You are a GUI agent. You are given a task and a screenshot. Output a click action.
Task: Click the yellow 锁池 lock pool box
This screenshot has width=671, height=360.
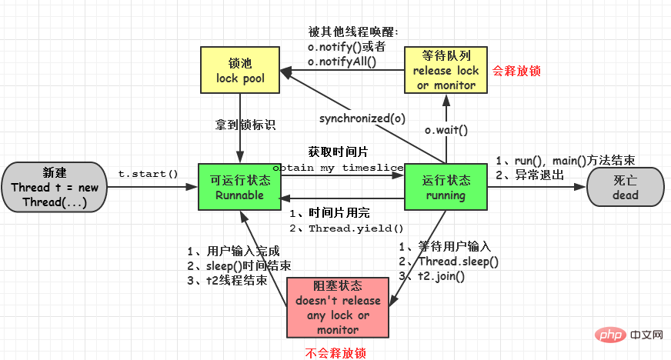(239, 70)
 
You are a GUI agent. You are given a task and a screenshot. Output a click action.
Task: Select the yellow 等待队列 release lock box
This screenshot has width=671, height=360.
(446, 70)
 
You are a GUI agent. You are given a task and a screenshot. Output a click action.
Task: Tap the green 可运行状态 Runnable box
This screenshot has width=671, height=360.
(239, 187)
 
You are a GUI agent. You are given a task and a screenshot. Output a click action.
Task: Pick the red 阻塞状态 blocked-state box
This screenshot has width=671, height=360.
(337, 307)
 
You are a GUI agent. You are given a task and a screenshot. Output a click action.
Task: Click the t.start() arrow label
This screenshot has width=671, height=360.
(149, 174)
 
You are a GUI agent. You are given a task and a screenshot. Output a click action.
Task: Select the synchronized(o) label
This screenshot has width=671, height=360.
(362, 118)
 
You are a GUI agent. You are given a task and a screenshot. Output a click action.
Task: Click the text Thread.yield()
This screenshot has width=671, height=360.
(356, 228)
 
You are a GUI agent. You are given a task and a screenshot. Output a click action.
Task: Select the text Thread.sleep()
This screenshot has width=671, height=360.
(458, 262)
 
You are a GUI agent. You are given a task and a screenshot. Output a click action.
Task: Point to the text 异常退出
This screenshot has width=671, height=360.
(537, 175)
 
